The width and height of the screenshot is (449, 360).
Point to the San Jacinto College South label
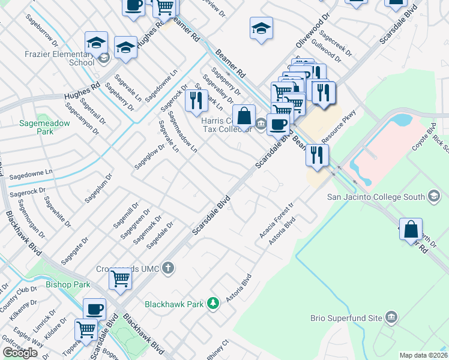pos(376,196)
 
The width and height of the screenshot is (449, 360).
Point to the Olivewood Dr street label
pos(313,31)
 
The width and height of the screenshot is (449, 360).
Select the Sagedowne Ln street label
pos(31,173)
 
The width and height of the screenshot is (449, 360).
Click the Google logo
pos(20,353)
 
